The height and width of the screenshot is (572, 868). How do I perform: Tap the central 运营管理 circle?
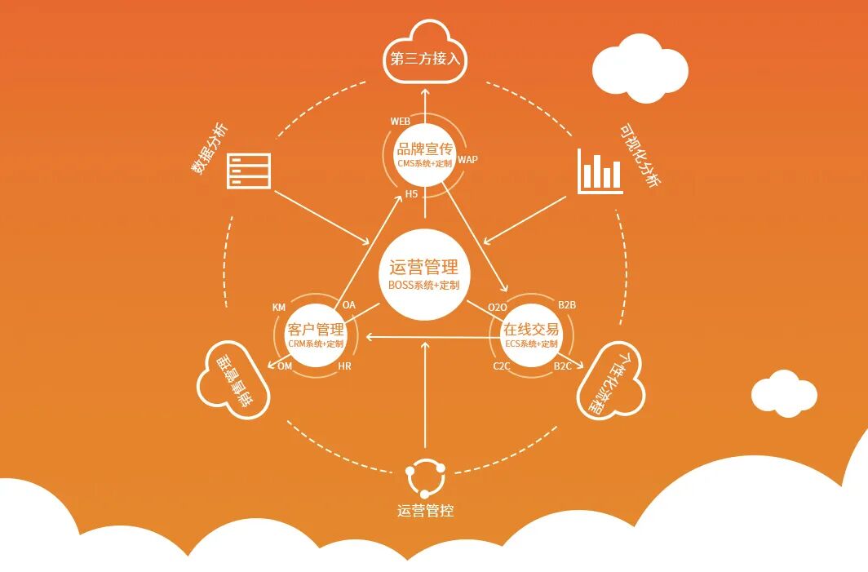coord(424,275)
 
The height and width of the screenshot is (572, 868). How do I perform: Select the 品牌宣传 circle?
coord(424,154)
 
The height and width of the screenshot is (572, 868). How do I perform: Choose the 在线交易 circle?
coord(531,335)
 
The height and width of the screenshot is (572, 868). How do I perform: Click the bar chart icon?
coord(600,171)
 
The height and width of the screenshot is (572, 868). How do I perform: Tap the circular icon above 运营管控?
coord(425,478)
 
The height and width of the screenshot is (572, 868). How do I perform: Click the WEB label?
coord(400,121)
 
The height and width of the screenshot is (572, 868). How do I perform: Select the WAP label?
coord(467,159)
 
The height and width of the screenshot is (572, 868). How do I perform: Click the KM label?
coord(279,307)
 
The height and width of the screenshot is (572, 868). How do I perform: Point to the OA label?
coord(349,304)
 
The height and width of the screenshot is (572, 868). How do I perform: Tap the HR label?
coord(344,366)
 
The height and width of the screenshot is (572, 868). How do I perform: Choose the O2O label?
coord(498,306)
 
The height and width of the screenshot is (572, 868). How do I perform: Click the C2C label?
coord(502,366)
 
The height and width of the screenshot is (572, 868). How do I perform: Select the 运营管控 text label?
coord(425,512)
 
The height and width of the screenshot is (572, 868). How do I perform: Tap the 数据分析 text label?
coord(210,149)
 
